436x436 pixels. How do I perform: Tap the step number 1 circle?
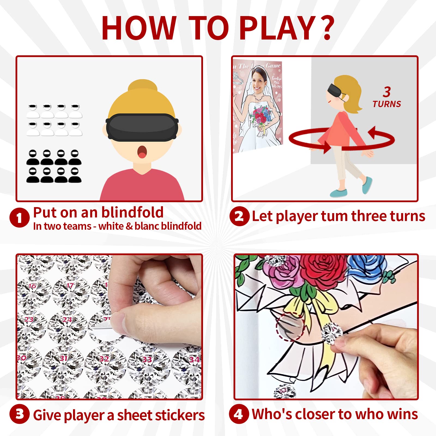pos(19,217)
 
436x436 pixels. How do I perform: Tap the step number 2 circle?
pos(239,216)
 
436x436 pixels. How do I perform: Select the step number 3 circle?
pos(19,414)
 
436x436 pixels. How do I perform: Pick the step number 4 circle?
pos(239,414)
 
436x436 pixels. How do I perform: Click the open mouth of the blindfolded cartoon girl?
pos(142,152)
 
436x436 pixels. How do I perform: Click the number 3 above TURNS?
pos(387,92)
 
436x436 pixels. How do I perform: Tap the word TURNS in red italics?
pos(387,104)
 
